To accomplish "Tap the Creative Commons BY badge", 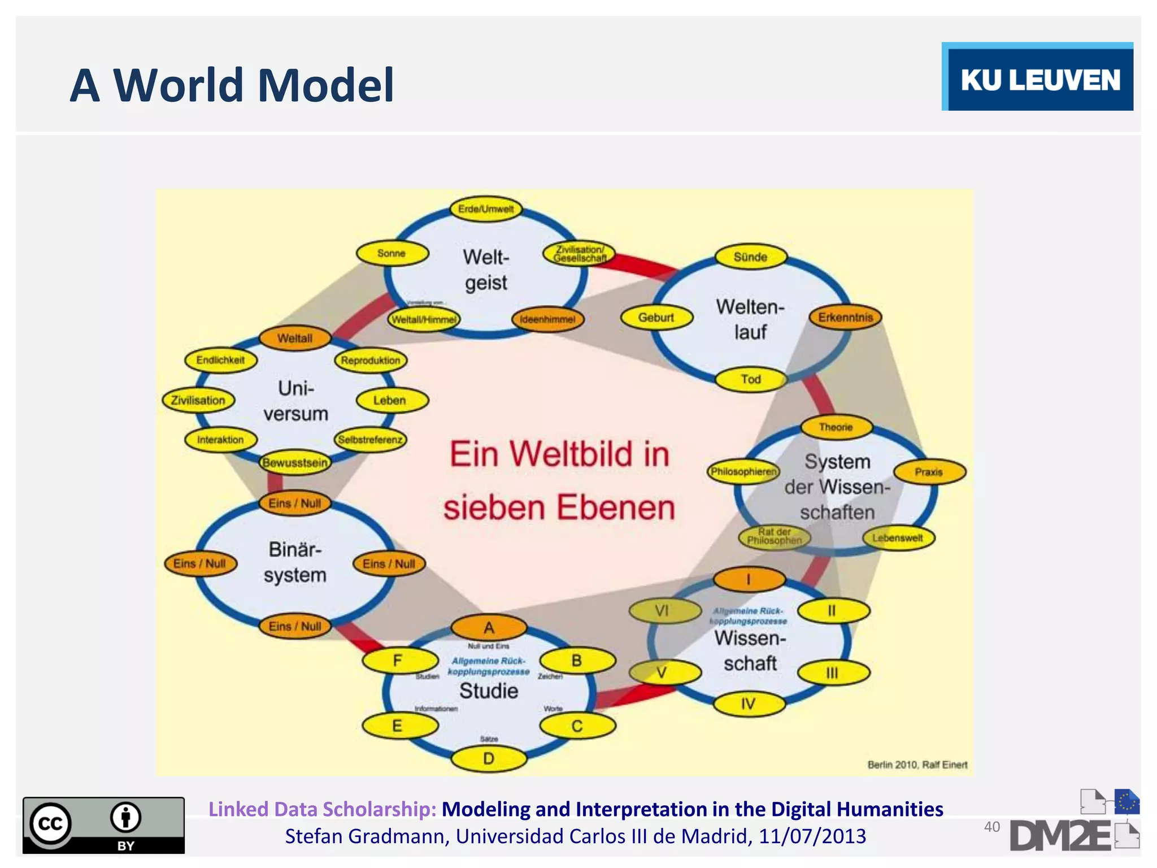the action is click(103, 825).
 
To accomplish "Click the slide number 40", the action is click(991, 827).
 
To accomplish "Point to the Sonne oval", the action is click(392, 253).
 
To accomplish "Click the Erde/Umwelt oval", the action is click(486, 209).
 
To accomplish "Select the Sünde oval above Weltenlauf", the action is click(750, 257).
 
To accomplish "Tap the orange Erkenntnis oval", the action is click(845, 318).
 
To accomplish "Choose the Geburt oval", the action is click(656, 318).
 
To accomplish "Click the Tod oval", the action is click(751, 379).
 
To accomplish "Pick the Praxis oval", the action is click(929, 472).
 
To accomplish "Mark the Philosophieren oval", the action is click(743, 471).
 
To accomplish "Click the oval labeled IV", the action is click(749, 704).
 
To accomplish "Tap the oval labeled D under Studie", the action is click(489, 758).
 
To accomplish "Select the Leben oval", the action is click(390, 400).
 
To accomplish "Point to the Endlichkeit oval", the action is click(220, 360).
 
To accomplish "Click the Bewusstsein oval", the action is click(295, 463).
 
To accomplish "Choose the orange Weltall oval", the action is click(295, 338).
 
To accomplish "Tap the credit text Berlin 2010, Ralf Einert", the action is click(917, 765).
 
